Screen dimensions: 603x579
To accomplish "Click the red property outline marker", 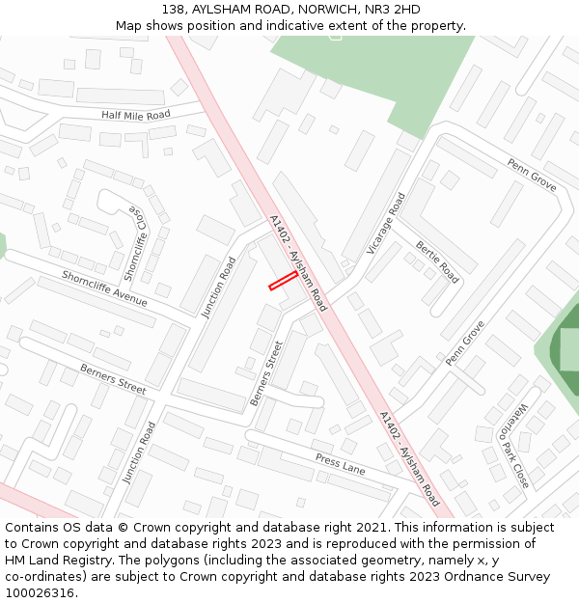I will [x=283, y=280].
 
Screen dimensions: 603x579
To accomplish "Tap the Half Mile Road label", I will [x=135, y=115].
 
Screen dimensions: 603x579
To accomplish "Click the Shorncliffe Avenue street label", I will [x=104, y=288].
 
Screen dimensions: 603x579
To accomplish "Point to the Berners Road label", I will [x=113, y=378].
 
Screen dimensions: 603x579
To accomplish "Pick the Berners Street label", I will [x=266, y=372].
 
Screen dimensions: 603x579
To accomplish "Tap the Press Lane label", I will [x=340, y=465].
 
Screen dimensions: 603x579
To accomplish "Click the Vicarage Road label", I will [x=386, y=224].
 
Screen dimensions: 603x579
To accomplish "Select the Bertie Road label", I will [x=437, y=261].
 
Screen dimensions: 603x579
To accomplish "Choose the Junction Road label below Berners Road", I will [x=139, y=452].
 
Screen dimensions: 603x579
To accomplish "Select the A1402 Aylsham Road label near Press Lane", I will [x=409, y=459].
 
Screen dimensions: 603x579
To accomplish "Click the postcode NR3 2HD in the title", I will [x=394, y=9].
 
